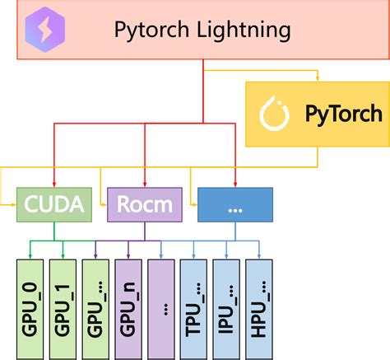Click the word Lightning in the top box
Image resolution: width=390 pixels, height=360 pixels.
(x=244, y=31)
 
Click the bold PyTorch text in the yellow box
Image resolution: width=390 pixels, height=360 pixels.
(x=343, y=115)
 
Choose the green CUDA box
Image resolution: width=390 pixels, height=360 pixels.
(x=56, y=204)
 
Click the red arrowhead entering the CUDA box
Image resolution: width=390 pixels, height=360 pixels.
(x=55, y=185)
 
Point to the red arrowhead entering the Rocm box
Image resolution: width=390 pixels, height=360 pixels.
(x=146, y=185)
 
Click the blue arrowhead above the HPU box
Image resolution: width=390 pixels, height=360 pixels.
(x=262, y=255)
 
